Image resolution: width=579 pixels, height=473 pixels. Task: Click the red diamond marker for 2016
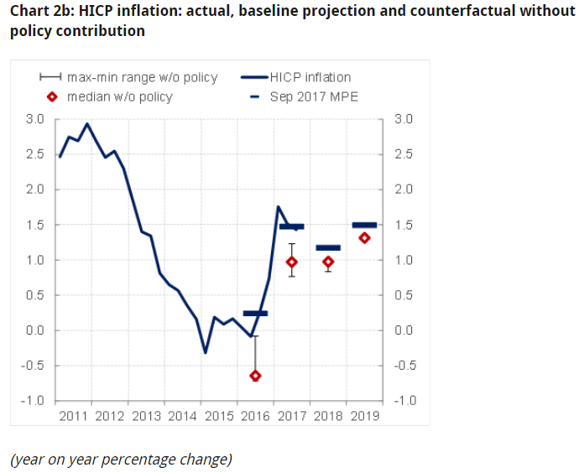256,376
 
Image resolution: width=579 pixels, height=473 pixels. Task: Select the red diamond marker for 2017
292,262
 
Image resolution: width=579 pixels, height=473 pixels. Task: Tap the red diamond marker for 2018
328,262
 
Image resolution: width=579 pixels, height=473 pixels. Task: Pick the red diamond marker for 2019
364,237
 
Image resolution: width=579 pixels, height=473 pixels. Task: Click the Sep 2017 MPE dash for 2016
255,313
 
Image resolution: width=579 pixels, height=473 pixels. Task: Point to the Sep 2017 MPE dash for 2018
328,247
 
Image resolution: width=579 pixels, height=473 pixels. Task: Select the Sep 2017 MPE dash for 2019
364,225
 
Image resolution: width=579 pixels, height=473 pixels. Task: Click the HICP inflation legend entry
310,77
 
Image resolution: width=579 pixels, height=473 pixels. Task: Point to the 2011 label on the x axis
76,415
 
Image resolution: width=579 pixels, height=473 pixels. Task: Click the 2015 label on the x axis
220,415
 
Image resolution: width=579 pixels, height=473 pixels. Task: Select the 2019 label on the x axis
364,415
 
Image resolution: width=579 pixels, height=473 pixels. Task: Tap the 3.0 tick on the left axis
34,119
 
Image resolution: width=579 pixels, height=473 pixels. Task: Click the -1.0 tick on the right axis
404,401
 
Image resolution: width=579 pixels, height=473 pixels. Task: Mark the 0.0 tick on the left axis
34,330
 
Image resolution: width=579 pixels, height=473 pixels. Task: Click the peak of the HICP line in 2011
88,123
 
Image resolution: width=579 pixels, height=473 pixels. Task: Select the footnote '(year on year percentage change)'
121,459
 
